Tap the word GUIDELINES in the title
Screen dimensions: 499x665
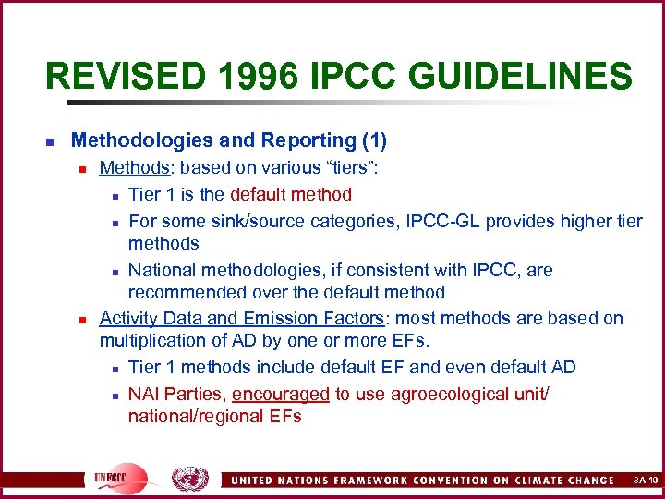click(x=533, y=76)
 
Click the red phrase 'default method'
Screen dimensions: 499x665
click(x=291, y=194)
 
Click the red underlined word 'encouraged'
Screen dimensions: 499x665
click(x=281, y=394)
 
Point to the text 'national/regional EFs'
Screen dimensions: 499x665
click(x=214, y=417)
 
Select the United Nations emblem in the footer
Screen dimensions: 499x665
click(x=190, y=478)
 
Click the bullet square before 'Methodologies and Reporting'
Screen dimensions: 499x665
click(x=50, y=142)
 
